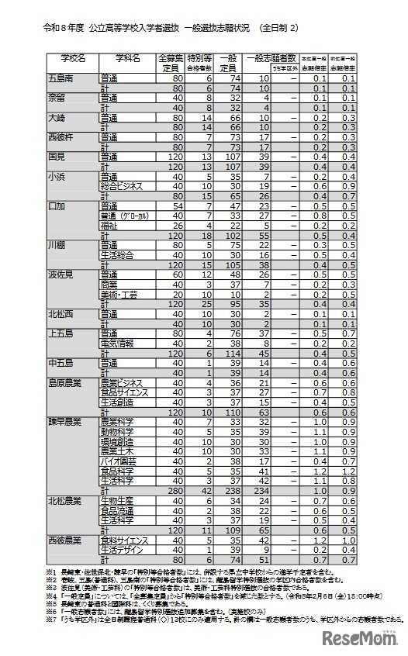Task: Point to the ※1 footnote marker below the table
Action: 51,572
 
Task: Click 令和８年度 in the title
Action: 61,28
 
